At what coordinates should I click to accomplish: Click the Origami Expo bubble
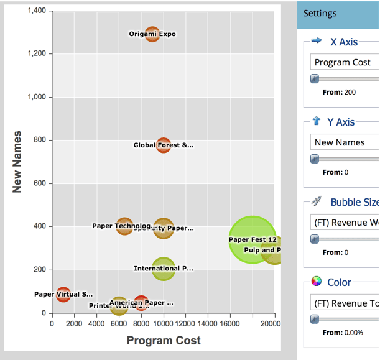pyautogui.click(x=152, y=34)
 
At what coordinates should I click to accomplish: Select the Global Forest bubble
pyautogui.click(x=163, y=145)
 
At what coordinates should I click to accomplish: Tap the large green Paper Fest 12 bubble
pyautogui.click(x=252, y=239)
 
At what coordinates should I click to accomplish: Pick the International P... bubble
pyautogui.click(x=163, y=269)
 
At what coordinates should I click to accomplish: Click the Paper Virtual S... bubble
pyautogui.click(x=63, y=293)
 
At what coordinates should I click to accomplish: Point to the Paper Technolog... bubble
pyautogui.click(x=125, y=226)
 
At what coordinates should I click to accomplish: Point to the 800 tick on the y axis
pyautogui.click(x=39, y=141)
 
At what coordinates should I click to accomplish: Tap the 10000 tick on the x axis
pyautogui.click(x=163, y=324)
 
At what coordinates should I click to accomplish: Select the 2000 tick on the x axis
pyautogui.click(x=74, y=324)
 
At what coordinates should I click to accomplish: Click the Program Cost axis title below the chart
pyautogui.click(x=164, y=340)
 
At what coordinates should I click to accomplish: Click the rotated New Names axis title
pyautogui.click(x=17, y=161)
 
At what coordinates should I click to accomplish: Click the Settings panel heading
pyautogui.click(x=320, y=13)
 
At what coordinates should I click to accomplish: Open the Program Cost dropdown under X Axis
pyautogui.click(x=345, y=62)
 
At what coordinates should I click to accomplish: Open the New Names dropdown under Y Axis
pyautogui.click(x=345, y=142)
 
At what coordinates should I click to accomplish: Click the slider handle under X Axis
pyautogui.click(x=315, y=78)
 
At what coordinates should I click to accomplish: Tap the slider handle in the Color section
pyautogui.click(x=315, y=319)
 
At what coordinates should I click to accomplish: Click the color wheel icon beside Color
pyautogui.click(x=317, y=282)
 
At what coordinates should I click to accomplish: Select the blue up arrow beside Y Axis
pyautogui.click(x=316, y=121)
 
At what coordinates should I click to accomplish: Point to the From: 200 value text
pyautogui.click(x=340, y=92)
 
